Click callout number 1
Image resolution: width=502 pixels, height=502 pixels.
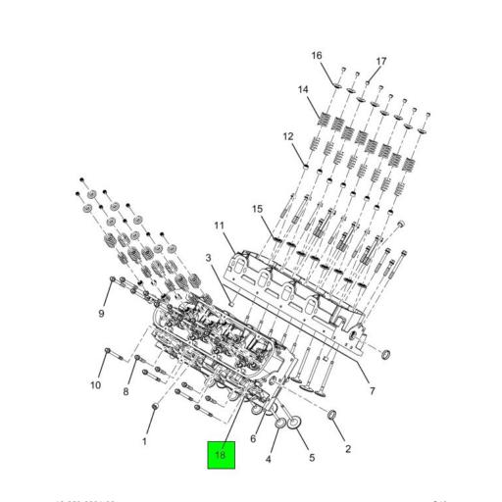145,442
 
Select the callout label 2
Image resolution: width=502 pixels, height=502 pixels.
347,449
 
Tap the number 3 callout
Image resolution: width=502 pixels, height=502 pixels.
208,258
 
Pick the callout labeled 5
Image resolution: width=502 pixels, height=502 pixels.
312,458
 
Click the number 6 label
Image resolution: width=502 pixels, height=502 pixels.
253,438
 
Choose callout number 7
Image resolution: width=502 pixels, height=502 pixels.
372,393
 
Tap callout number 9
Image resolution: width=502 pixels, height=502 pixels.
100,314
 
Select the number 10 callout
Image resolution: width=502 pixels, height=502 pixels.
96,385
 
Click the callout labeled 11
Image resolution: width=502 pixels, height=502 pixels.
220,226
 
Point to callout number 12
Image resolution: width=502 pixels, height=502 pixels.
288,136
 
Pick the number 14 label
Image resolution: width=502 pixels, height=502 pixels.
304,90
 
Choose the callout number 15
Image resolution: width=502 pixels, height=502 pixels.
258,209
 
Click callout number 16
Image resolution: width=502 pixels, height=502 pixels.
317,55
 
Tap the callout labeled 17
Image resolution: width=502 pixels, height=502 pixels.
381,61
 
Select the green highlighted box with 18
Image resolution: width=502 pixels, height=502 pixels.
221,456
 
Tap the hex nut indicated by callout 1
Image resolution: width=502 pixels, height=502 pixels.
155,406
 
